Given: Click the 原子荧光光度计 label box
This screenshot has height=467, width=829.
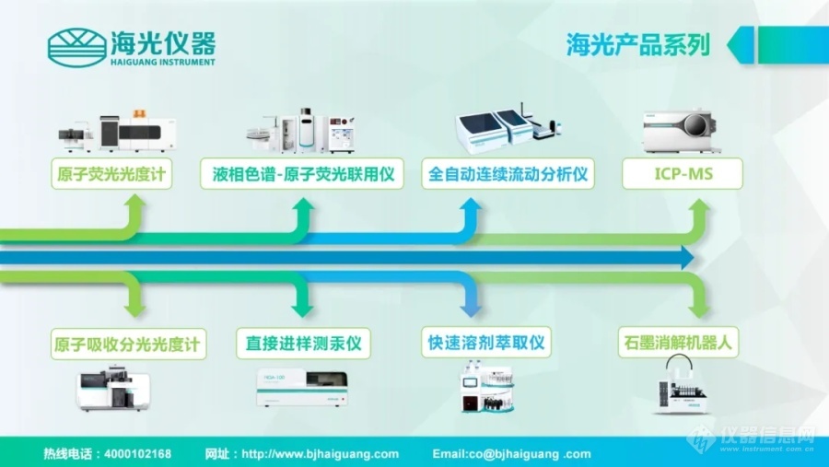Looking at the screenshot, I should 112,175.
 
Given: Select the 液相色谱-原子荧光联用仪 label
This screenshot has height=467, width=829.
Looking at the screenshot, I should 302,175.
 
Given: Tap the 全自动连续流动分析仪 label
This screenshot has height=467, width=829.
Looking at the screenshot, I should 508,175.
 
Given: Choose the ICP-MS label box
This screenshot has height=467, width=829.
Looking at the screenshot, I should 682,175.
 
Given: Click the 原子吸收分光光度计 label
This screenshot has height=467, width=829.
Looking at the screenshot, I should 128,344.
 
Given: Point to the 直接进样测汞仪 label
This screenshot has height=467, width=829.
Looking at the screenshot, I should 303,344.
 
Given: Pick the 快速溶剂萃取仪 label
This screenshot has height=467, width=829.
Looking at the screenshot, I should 486,344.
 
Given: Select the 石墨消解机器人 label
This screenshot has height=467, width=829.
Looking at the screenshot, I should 678,344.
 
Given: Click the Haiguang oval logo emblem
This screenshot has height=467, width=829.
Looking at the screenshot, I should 76,47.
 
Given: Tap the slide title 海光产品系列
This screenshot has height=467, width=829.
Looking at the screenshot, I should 637,44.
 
